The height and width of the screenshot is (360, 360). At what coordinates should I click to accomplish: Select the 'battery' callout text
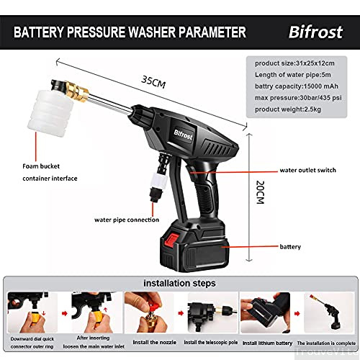coord(292,246)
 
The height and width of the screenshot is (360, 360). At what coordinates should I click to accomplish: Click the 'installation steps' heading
coord(179,284)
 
